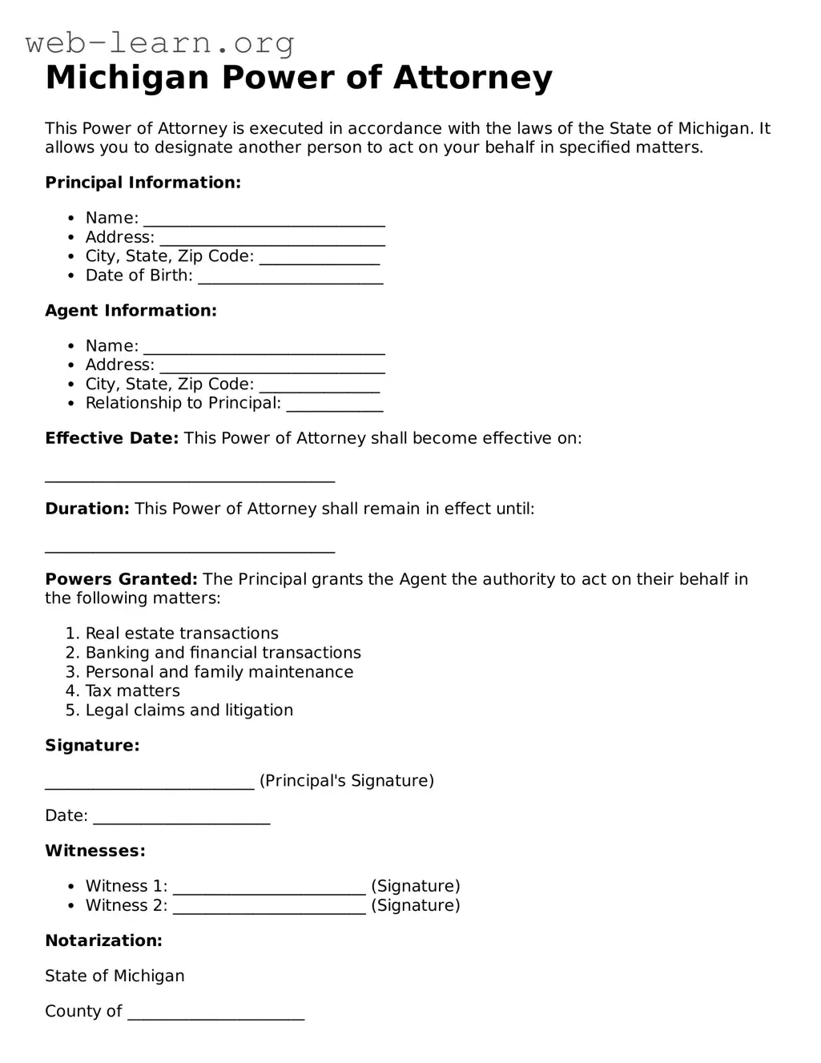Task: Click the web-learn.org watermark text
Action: pos(159,42)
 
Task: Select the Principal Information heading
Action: pos(143,183)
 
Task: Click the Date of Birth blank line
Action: pos(290,278)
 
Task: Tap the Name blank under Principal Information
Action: pos(264,220)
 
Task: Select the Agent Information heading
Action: pos(131,311)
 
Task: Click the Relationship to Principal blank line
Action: pos(335,405)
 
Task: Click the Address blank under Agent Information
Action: pos(272,367)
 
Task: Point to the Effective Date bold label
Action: pos(111,438)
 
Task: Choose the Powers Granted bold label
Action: pos(121,579)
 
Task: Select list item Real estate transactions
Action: pos(182,634)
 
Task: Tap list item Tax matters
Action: pos(132,691)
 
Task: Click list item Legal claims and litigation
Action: pos(189,711)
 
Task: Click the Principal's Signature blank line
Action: pos(150,783)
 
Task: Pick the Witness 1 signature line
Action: pos(269,888)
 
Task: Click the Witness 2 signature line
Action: pos(269,908)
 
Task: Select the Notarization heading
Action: pos(103,941)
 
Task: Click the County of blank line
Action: pos(216,1014)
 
